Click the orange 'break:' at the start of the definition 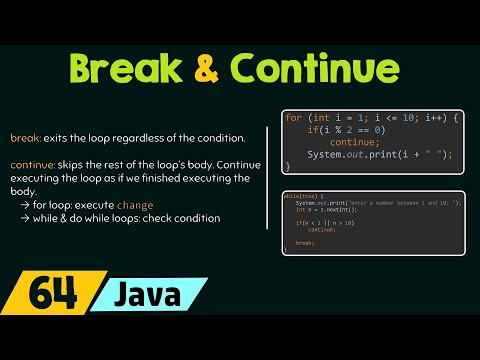(26, 137)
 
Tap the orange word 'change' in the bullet (135, 204)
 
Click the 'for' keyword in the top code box (294, 119)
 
